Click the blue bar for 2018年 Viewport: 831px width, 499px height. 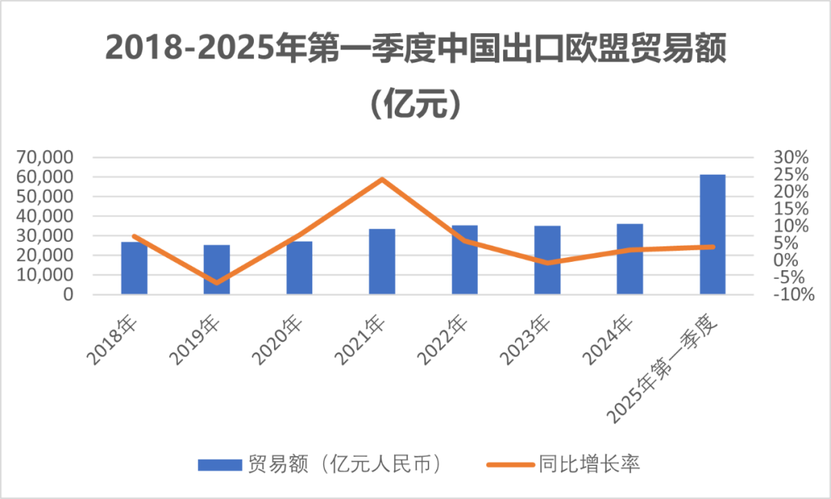(134, 269)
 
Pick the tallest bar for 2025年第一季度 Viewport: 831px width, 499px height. (713, 235)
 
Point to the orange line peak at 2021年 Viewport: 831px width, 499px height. (382, 179)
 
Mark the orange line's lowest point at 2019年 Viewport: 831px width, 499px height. (216, 283)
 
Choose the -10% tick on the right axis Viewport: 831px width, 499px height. (791, 295)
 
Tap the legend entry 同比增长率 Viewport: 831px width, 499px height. (589, 464)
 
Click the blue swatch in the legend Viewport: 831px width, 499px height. (219, 465)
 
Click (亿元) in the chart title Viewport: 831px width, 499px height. (415, 105)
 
